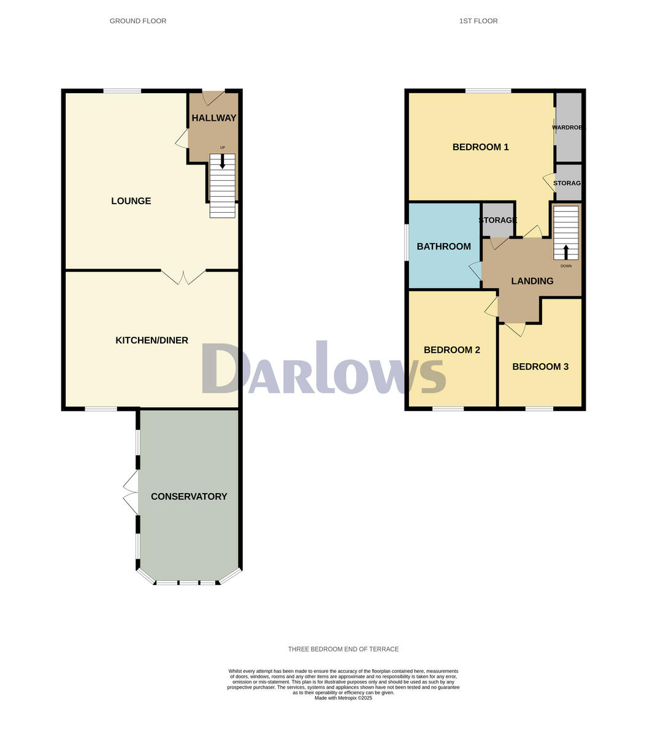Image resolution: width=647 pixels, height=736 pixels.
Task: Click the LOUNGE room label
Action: point(131,201)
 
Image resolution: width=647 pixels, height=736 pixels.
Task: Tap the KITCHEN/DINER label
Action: point(151,340)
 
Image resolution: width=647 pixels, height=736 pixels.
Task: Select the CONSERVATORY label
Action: point(189,497)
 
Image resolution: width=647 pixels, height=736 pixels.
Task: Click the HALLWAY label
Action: point(214,118)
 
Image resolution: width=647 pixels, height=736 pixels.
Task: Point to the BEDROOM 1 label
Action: point(480,147)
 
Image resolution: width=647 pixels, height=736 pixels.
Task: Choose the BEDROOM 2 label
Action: point(451,350)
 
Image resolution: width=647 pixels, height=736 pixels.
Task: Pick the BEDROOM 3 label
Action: point(540,367)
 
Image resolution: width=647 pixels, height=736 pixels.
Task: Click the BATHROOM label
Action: point(443,247)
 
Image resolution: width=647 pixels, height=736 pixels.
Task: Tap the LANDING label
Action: point(532,281)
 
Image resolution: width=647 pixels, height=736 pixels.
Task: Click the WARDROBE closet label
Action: point(569,128)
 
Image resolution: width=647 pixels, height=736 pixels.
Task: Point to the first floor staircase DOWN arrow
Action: point(566,251)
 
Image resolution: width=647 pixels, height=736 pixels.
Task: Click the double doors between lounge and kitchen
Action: point(183,277)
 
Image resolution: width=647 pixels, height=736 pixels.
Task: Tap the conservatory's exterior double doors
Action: point(130,492)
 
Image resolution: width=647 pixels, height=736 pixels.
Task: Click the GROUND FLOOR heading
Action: point(138,21)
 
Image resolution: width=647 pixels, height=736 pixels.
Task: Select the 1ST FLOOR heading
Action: point(478,21)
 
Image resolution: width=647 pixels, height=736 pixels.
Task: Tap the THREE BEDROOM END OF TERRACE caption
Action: point(343,649)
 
